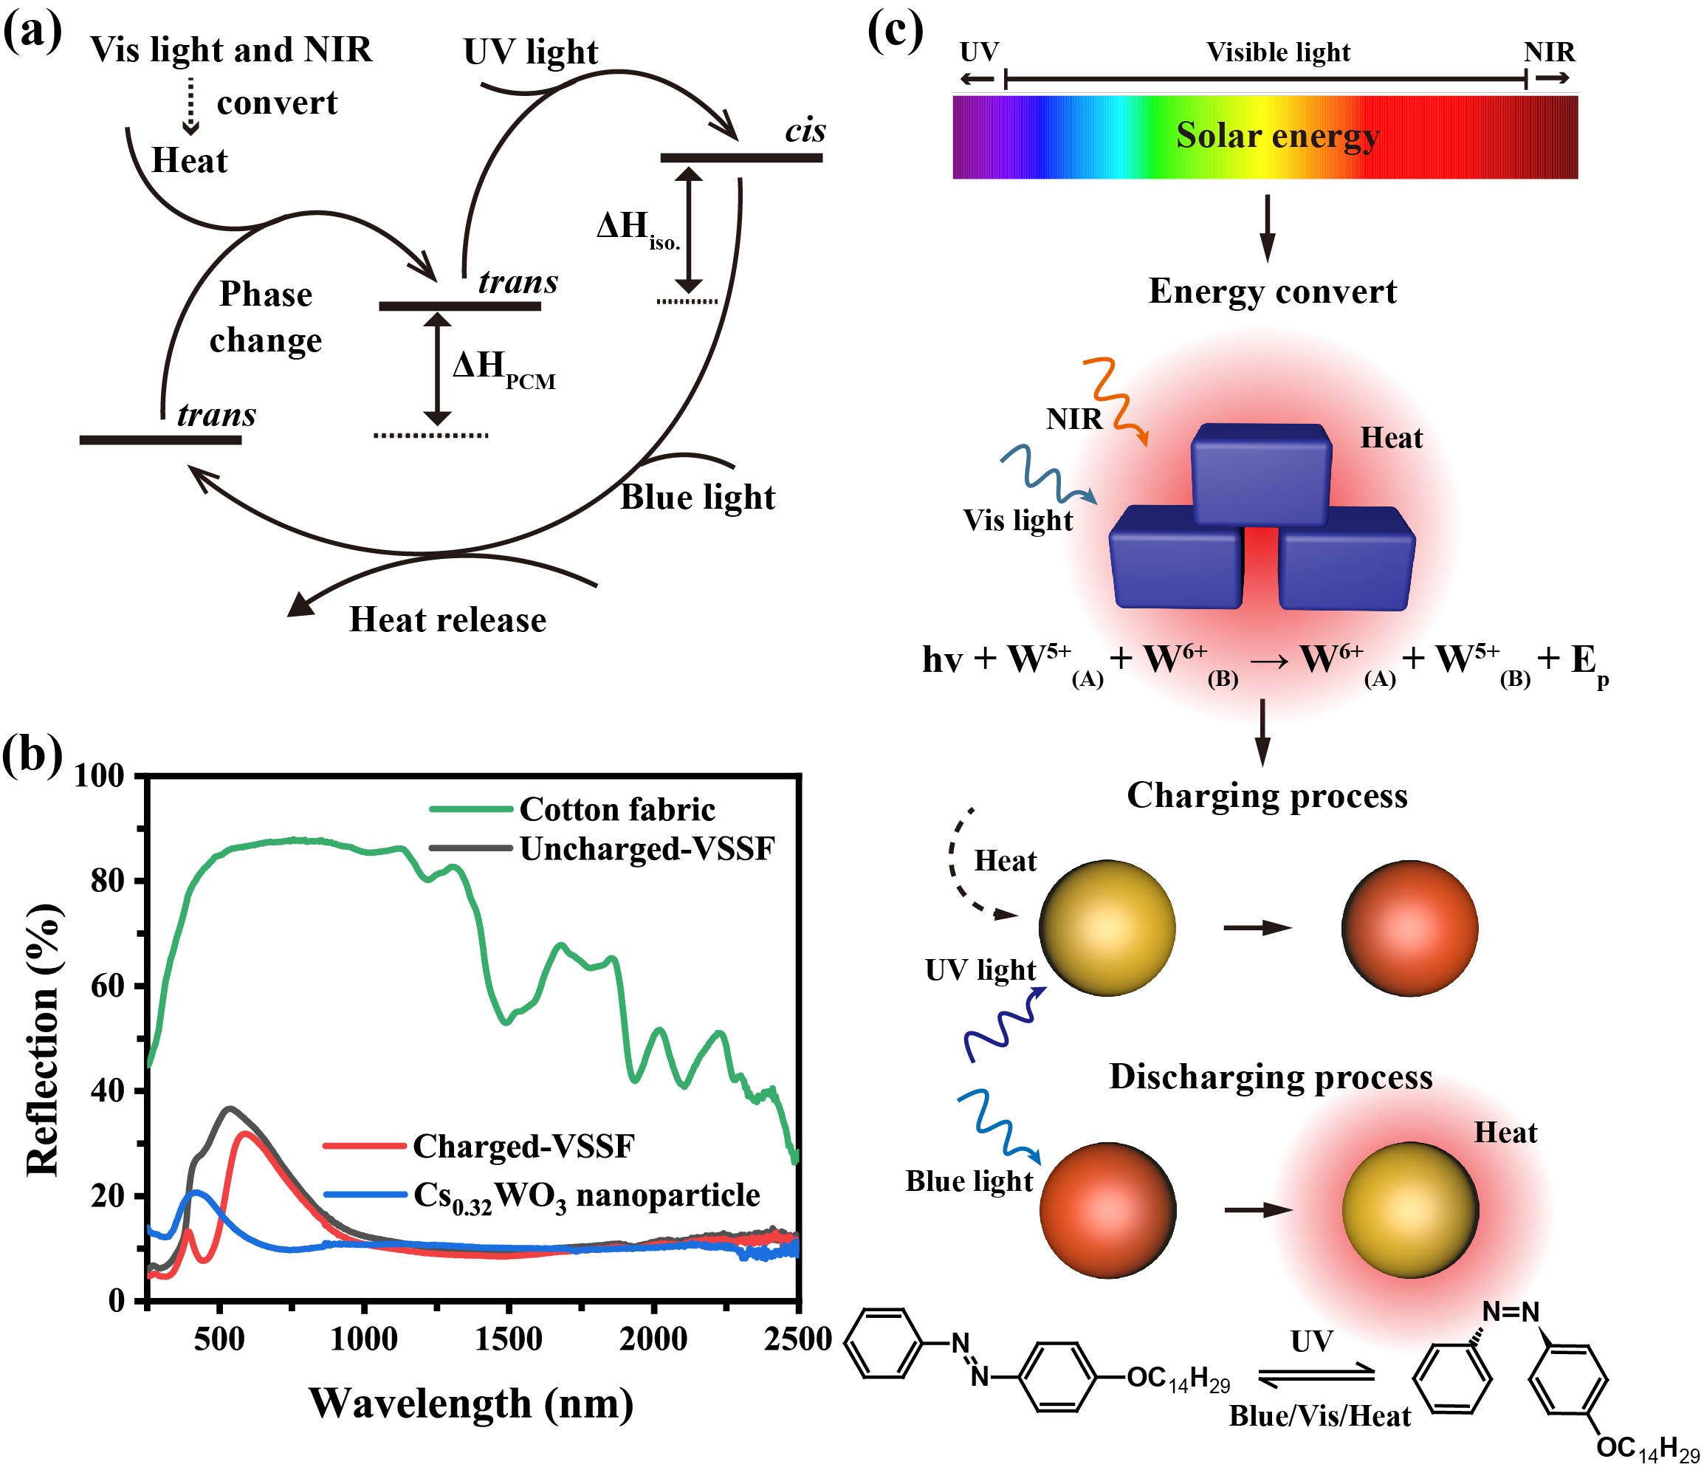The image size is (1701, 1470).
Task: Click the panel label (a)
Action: click(x=32, y=35)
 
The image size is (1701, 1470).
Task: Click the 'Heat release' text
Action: click(x=447, y=619)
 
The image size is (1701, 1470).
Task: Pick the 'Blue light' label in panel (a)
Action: click(x=697, y=498)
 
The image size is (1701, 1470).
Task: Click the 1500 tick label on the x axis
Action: click(x=508, y=1339)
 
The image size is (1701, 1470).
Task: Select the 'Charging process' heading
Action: click(x=1267, y=795)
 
